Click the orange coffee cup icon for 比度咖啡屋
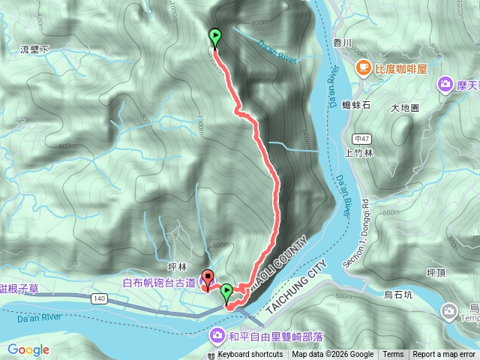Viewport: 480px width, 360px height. click(x=363, y=68)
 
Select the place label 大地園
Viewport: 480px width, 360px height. click(x=405, y=108)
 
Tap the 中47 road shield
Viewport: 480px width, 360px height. click(x=361, y=138)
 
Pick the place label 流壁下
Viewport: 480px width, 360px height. click(x=34, y=49)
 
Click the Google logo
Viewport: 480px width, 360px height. click(x=28, y=349)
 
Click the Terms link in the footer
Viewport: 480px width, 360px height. click(x=393, y=355)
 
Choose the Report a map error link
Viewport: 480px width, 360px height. click(x=443, y=355)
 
